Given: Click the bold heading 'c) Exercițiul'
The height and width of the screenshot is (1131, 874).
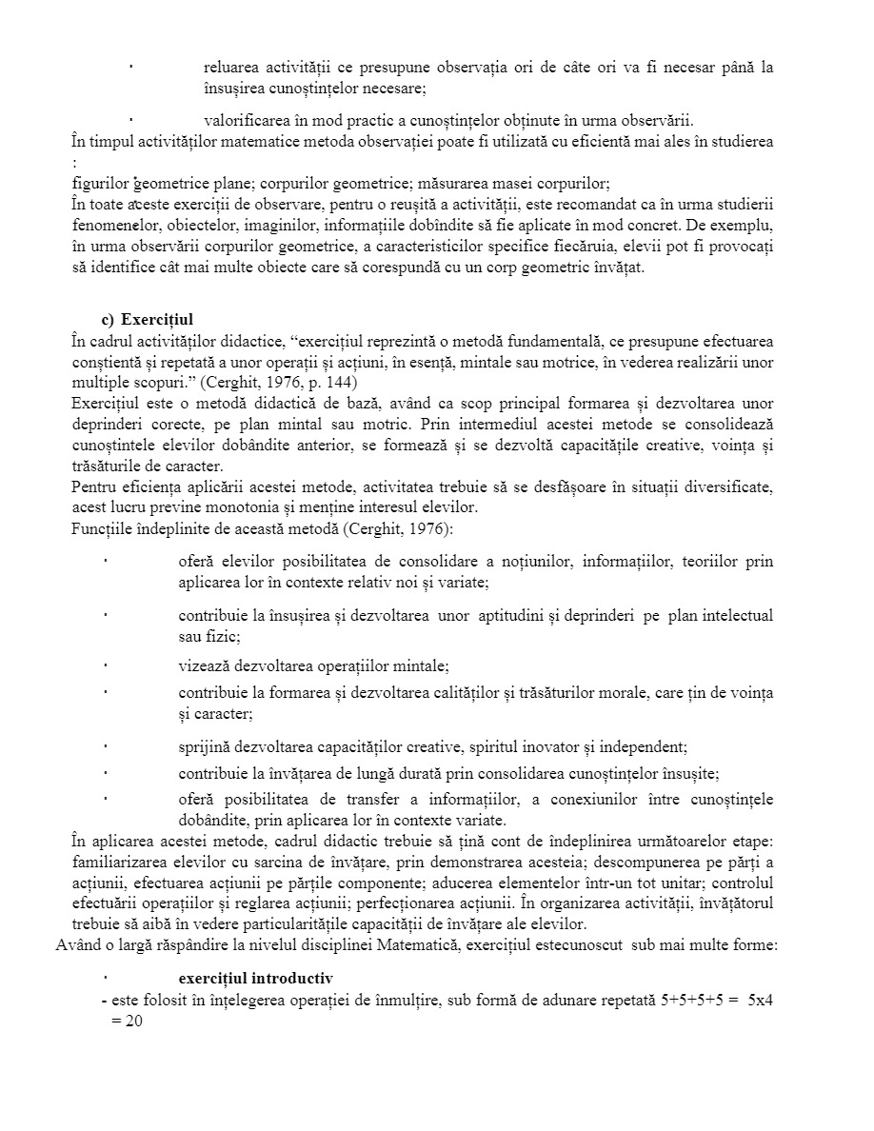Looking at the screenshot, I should (x=147, y=320).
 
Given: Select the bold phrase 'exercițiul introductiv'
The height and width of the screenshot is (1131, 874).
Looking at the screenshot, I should (x=255, y=978).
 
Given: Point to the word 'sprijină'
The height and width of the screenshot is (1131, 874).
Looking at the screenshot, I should (x=205, y=747).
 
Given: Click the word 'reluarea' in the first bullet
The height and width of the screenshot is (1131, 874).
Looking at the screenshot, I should (x=232, y=68).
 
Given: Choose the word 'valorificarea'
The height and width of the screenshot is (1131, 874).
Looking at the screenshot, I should (x=248, y=120).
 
